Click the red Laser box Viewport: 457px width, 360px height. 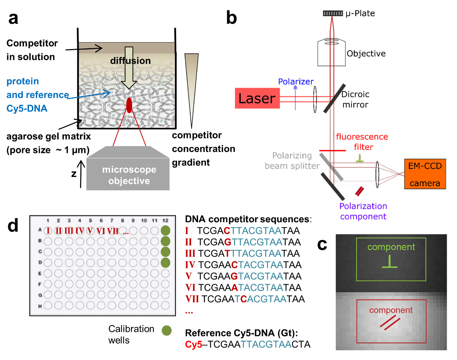click(x=257, y=99)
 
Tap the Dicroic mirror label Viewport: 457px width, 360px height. click(x=355, y=99)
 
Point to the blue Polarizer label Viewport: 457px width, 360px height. click(x=296, y=81)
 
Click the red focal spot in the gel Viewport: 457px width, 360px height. click(x=129, y=105)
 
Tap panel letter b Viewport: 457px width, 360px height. click(x=231, y=18)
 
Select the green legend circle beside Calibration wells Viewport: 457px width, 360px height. click(x=166, y=331)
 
